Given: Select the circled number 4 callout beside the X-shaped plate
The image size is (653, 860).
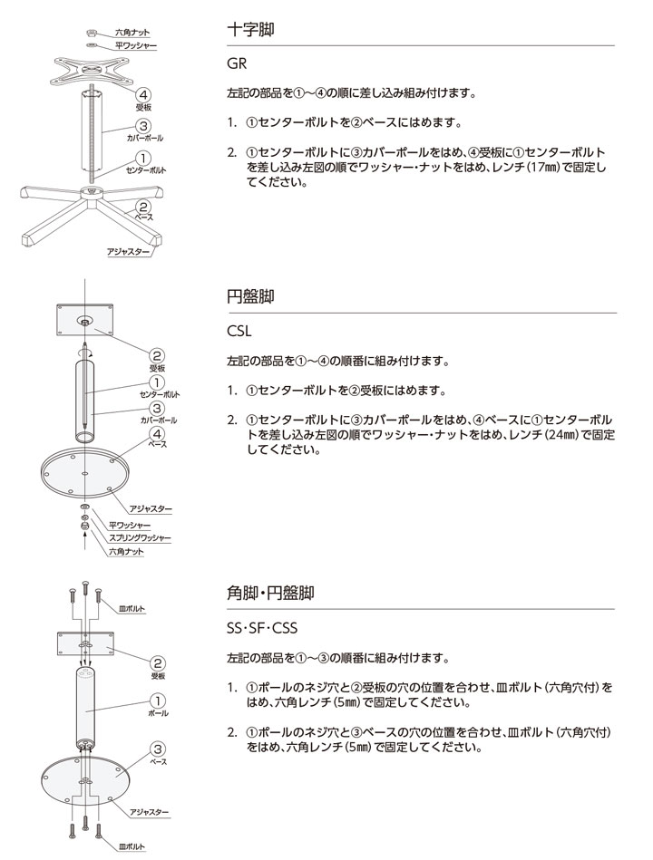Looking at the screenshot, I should point(143,95).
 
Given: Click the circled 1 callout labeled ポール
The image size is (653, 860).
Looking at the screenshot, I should point(156,701).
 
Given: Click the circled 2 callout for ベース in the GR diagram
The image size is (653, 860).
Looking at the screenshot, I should point(143,208).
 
